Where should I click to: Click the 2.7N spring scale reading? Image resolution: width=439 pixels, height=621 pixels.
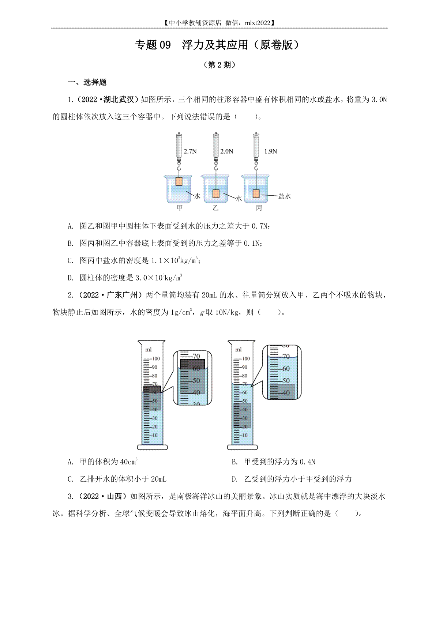(190, 151)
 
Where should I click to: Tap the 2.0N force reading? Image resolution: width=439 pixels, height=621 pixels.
(227, 151)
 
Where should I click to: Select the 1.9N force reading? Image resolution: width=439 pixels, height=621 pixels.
(271, 151)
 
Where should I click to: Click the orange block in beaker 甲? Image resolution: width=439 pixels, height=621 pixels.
(179, 181)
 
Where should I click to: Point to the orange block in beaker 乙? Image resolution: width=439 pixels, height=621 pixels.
(216, 193)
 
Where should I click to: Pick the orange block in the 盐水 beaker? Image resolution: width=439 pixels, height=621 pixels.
(256, 193)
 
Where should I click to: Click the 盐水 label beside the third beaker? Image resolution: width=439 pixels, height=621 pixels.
(285, 196)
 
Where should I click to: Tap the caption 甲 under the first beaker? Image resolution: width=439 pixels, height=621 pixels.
(180, 208)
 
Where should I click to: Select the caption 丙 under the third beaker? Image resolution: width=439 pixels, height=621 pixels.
(259, 208)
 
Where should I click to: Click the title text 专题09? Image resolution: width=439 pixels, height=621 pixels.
(153, 45)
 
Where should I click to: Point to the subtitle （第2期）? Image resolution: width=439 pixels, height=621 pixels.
(219, 65)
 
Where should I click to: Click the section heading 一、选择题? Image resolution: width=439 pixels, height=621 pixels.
(87, 82)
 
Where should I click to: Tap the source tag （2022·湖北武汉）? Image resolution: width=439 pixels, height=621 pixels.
(107, 99)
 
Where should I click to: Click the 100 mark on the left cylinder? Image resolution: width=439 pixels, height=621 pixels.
(156, 358)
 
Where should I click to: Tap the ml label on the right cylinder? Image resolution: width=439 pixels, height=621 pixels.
(239, 350)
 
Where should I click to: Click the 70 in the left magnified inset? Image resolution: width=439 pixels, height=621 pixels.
(196, 356)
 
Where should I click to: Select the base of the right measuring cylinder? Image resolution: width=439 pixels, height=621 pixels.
(243, 447)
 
